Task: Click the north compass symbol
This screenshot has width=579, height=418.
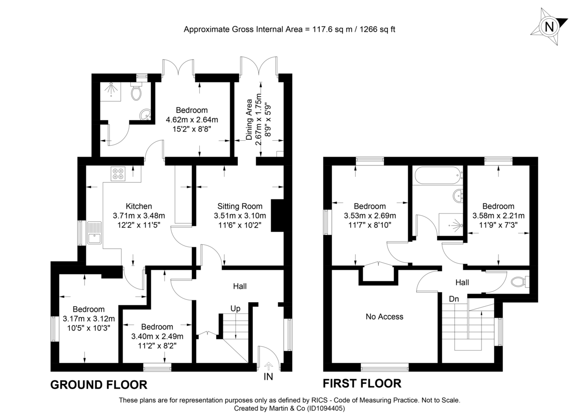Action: click(x=549, y=27)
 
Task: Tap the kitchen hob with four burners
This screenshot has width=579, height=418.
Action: click(x=118, y=174)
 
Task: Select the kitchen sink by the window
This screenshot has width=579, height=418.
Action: click(x=94, y=233)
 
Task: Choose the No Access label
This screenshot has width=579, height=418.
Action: click(x=384, y=317)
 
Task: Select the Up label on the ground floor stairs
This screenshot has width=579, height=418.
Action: click(x=235, y=308)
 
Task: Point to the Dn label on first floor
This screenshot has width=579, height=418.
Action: click(x=454, y=299)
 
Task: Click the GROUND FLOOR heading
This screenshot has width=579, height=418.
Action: click(x=99, y=385)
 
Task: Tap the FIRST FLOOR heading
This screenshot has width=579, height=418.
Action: click(x=362, y=384)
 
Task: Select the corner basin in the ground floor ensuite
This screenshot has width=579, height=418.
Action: click(x=145, y=115)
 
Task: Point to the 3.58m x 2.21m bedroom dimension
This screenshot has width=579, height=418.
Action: click(x=498, y=216)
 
